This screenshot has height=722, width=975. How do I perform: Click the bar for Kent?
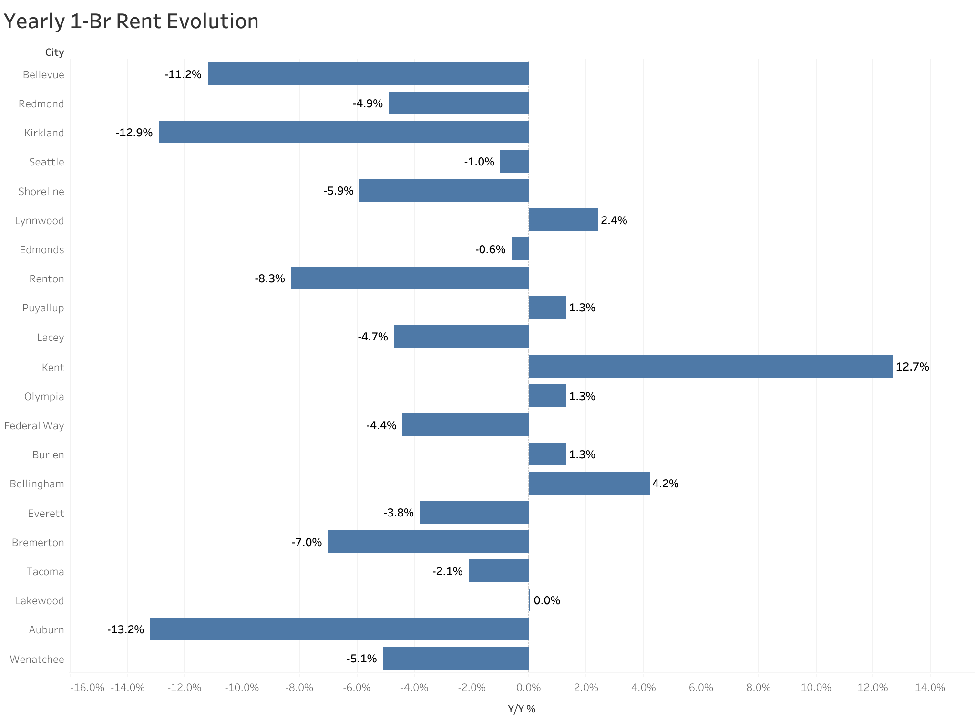pyautogui.click(x=710, y=366)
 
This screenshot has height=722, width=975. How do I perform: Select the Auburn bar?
pyautogui.click(x=339, y=629)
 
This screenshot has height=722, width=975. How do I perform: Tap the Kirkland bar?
pyautogui.click(x=343, y=132)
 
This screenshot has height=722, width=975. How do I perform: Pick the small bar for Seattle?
pyautogui.click(x=514, y=161)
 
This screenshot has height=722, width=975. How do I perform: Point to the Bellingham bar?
pyautogui.click(x=589, y=483)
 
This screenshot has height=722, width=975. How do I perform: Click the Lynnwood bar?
pyautogui.click(x=563, y=219)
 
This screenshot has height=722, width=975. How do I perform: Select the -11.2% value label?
pyautogui.click(x=183, y=74)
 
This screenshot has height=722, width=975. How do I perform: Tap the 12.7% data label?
pyautogui.click(x=912, y=367)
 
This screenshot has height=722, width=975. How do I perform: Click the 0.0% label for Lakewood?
pyautogui.click(x=546, y=600)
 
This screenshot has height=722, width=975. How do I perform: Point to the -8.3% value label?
pyautogui.click(x=269, y=278)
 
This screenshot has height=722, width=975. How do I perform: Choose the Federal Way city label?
pyautogui.click(x=34, y=425)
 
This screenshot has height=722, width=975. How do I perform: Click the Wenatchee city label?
pyautogui.click(x=37, y=659)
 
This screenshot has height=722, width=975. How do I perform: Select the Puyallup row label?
pyautogui.click(x=43, y=308)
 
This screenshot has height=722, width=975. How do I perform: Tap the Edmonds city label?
pyautogui.click(x=42, y=249)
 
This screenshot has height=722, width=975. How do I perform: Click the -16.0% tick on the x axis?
pyautogui.click(x=87, y=688)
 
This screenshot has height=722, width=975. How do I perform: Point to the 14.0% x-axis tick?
pyautogui.click(x=930, y=688)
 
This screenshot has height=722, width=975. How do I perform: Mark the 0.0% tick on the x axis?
pyautogui.click(x=528, y=688)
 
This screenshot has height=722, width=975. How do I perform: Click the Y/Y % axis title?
pyautogui.click(x=522, y=709)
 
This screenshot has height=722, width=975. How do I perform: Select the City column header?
pyautogui.click(x=54, y=52)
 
